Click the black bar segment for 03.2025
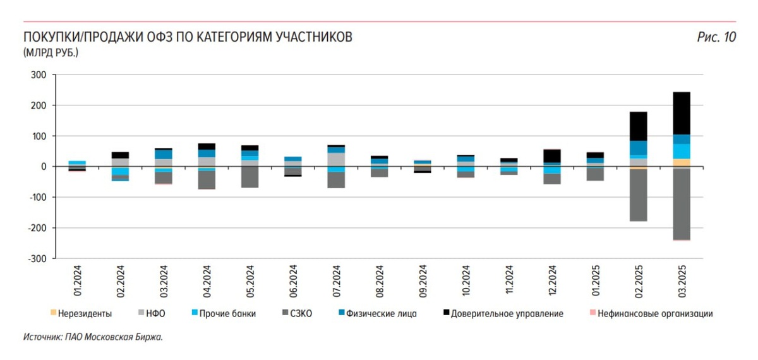pos(681,113)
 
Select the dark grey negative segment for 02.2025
pos(638,195)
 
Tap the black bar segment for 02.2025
pos(638,126)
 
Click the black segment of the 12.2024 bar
pos(552,156)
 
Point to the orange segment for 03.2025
pos(681,162)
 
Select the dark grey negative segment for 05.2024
pos(250,177)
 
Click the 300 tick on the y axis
pos(39,75)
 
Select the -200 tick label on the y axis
pos(36,228)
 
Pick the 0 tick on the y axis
pos(44,167)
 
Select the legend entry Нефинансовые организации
pos(654,313)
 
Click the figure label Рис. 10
pos(716,37)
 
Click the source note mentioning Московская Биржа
pos(93,337)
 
